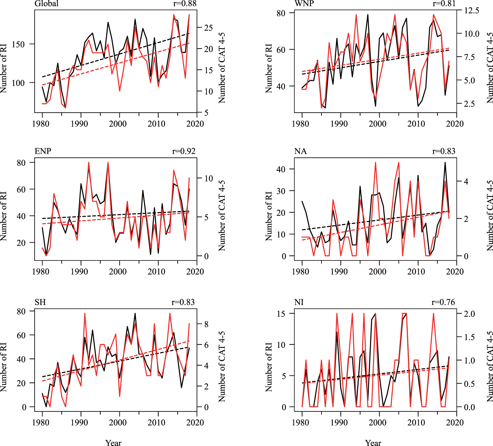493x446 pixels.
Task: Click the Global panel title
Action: [46, 4]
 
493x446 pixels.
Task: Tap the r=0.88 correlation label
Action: [185, 4]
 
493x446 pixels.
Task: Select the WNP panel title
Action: [304, 4]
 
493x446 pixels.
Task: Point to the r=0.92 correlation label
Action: [184, 151]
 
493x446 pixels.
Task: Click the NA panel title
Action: [300, 151]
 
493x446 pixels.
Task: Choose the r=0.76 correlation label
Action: [443, 302]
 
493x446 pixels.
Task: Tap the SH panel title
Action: [40, 302]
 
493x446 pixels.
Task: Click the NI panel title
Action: [299, 302]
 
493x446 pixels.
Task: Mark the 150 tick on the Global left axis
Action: [18, 44]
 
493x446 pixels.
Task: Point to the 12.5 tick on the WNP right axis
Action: [472, 11]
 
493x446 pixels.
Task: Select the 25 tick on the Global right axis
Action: [208, 28]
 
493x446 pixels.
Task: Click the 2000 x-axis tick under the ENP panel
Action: [118, 272]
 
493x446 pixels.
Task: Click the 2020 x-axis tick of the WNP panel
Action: [455, 124]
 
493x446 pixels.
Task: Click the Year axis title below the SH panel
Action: [113, 443]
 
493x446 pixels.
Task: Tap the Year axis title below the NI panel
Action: [373, 443]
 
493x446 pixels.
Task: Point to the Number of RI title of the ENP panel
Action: [4, 216]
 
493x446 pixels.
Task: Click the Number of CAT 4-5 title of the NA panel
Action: [490, 216]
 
